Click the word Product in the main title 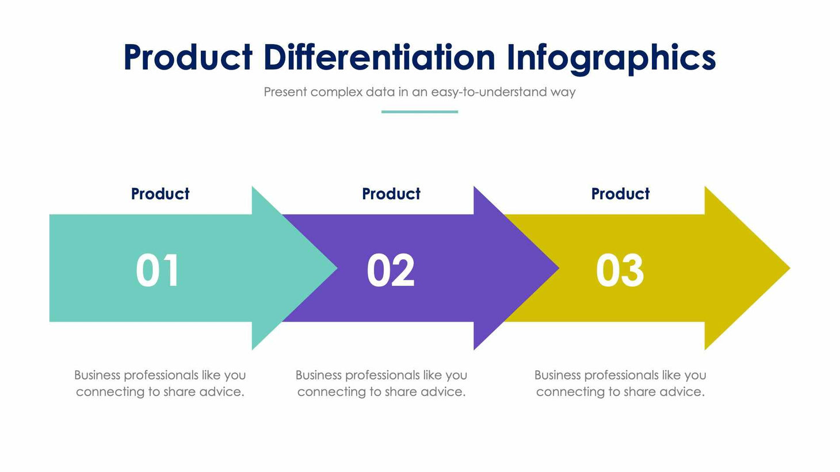188,57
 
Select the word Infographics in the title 611,57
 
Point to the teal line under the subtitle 419,112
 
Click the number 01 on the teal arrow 158,271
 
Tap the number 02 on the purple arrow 391,271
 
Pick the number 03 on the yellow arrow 620,271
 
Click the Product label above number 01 160,194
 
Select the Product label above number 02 391,194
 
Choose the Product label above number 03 620,194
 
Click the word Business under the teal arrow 97,375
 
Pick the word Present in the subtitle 285,92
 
